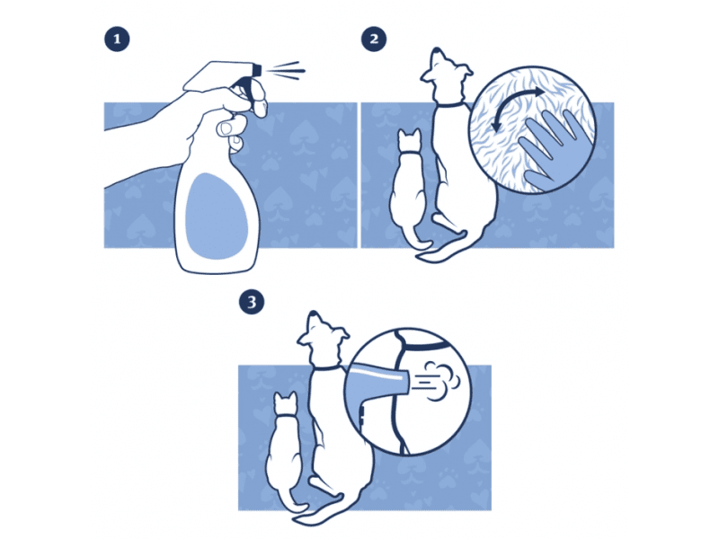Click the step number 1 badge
117,39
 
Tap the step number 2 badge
374,39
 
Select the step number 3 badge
252,302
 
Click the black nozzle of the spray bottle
256,70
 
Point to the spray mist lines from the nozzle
287,71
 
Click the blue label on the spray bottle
217,216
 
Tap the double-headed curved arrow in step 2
516,109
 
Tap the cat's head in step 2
410,141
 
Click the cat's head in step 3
286,403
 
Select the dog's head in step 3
322,340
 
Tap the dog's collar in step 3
326,367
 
